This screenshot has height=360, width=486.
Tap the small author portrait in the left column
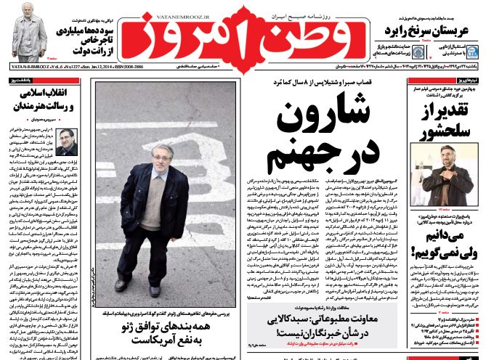67,144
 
